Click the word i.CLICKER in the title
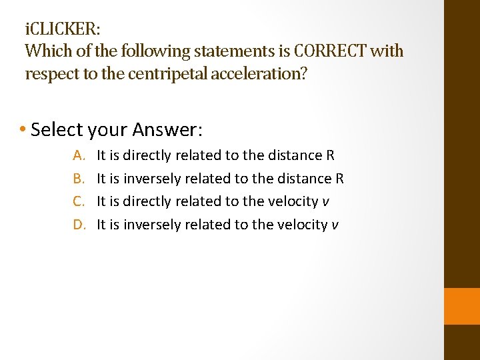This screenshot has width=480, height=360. [x=63, y=30]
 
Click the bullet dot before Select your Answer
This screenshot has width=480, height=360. [x=23, y=129]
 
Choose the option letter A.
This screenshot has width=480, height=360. [x=79, y=155]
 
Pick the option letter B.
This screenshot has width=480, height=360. [x=79, y=179]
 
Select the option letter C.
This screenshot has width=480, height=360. [x=79, y=201]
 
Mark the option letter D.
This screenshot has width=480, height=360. [x=79, y=225]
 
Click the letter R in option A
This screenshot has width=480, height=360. [x=330, y=155]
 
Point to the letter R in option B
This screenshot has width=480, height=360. [x=339, y=179]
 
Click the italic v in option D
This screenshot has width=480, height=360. [x=335, y=225]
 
